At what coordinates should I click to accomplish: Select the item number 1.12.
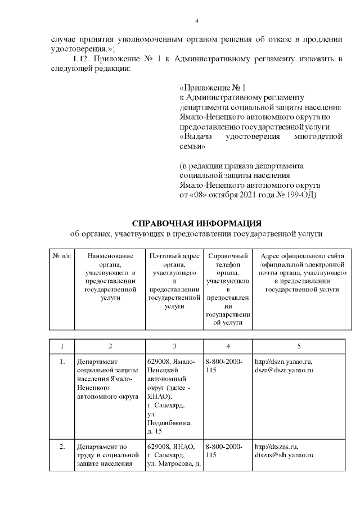82,59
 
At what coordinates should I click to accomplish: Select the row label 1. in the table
62,361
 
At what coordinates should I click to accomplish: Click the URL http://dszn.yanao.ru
283,361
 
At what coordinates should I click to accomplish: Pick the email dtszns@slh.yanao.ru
283,455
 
